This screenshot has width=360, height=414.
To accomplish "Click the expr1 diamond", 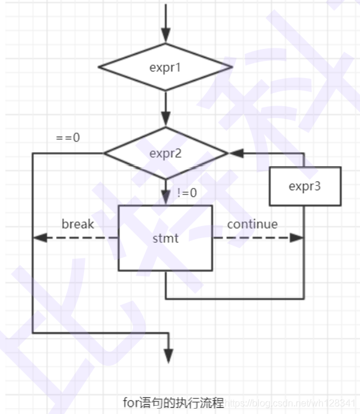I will (165, 67).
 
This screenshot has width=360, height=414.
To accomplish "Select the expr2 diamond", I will (165, 153).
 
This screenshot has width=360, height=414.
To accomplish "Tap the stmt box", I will (165, 238).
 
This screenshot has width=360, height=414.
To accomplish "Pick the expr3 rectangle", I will (304, 186).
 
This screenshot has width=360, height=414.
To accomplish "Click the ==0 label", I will (68, 137).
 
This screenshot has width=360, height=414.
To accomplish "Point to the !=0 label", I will (187, 193).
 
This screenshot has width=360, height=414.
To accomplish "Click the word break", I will (78, 224).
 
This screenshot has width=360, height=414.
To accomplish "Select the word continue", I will (252, 224).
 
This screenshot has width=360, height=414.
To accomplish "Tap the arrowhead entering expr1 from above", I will (166, 36).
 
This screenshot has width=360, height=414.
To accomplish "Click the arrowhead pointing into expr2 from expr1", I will (166, 121).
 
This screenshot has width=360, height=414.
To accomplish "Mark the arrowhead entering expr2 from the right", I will (235, 153).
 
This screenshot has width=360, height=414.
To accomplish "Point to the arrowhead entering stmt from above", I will (166, 199).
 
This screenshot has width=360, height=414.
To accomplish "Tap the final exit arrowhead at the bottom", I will (169, 357).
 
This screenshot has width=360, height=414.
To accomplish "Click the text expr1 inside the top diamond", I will (165, 67).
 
